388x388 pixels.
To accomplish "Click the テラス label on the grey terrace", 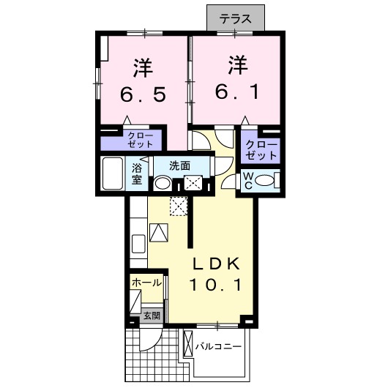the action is coord(235,19).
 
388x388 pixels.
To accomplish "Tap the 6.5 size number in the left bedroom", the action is coord(143,94).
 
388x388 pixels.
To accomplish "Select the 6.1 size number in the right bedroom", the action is coord(236,92).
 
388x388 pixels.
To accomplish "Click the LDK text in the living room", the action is coord(217,264).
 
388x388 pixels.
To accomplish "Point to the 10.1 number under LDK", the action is coord(215,284).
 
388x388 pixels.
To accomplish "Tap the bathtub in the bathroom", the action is coord(113,174).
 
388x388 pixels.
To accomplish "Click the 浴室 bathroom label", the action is coord(137,174).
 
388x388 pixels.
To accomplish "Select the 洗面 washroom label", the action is coord(179,165).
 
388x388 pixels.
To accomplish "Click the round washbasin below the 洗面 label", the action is coord(163,183).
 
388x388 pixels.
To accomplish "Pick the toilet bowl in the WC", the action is coord(264,179).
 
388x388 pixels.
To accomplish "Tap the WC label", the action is coord(248,181).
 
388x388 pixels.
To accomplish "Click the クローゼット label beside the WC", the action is coord(261,149).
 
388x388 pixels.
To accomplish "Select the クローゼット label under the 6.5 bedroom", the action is coord(140,140).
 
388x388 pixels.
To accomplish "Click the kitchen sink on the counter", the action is coord(138,244).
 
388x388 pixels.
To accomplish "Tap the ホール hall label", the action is coord(146,283).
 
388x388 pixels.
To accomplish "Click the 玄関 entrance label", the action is coord(152,316).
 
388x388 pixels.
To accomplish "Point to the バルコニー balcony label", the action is coord(218,346).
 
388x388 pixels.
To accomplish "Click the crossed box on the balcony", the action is coord(188,343).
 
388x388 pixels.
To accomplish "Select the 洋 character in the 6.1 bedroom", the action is coord(238,65).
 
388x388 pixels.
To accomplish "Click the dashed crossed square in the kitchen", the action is coord(179,206).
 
